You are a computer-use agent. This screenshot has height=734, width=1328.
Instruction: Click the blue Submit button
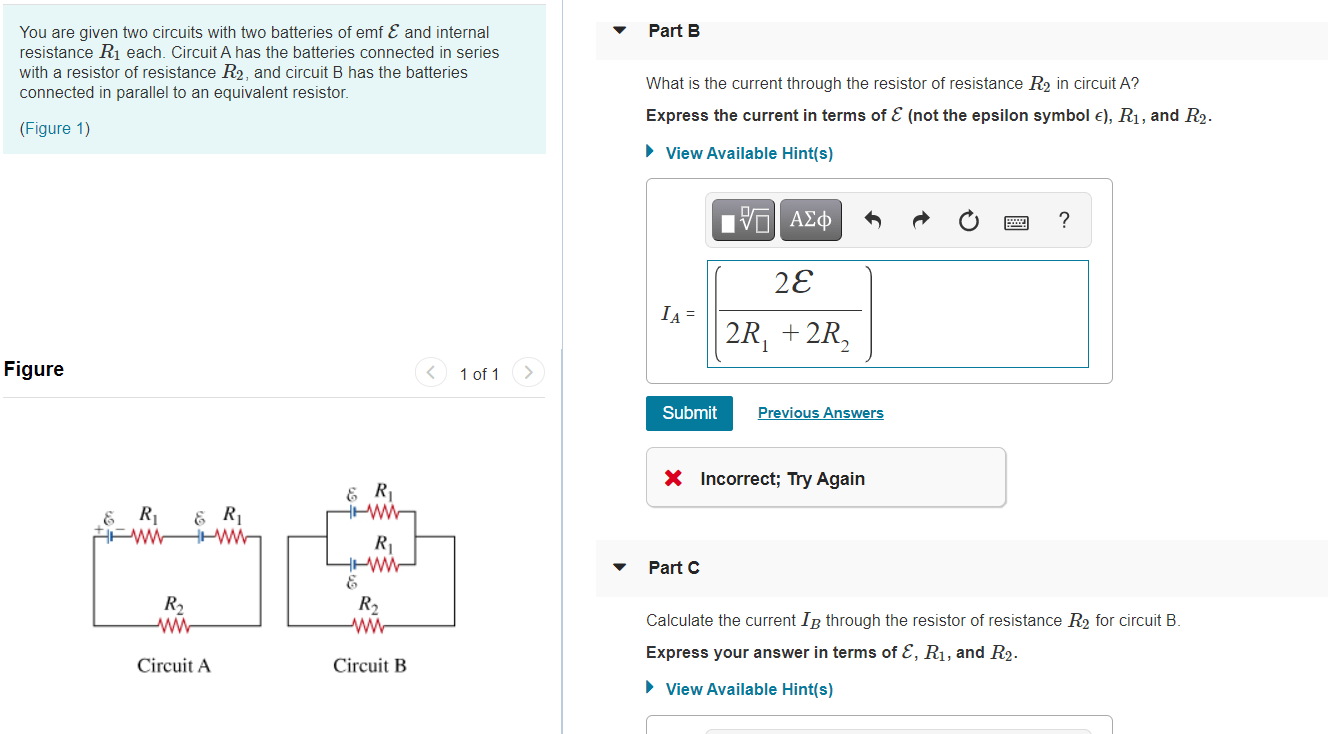pos(689,413)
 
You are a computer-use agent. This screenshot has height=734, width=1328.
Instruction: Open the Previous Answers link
pos(820,413)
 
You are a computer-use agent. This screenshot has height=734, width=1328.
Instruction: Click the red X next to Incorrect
pos(674,479)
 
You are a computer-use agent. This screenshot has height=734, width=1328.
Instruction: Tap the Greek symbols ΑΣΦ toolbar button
pos(810,220)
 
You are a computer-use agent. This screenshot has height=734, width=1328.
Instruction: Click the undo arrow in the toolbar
pos(872,220)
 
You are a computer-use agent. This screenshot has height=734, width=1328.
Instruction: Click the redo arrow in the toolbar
pos(920,220)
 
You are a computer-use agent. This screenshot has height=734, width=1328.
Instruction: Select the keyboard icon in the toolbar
pos(1017,221)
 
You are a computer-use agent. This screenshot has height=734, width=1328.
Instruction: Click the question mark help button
pos(1063,220)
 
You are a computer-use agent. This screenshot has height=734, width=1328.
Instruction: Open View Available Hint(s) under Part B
pos(748,153)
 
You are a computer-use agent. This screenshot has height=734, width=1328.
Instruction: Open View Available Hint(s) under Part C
pos(748,689)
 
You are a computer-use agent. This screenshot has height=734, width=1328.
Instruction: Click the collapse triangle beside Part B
pos(620,31)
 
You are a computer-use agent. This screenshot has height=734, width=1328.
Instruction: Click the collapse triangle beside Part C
pos(620,568)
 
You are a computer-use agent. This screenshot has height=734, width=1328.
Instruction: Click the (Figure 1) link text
pos(55,128)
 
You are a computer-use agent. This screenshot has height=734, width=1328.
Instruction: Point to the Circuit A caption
pos(174,666)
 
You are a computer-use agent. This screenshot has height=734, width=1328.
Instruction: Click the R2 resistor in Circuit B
pos(369,625)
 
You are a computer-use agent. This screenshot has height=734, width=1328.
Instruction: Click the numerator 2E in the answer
pos(793,284)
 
